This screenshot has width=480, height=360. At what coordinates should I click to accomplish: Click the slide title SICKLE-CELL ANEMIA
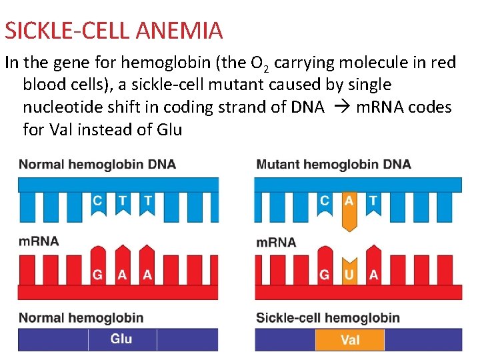click(113, 30)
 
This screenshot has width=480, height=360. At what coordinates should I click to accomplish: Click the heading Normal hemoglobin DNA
click(97, 164)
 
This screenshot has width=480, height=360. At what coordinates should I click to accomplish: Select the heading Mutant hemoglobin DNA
click(333, 164)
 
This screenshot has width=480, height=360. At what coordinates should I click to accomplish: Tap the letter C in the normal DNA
click(98, 199)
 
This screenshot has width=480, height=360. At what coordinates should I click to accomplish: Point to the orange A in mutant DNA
click(349, 200)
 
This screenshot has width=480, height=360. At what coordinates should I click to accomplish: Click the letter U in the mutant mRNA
click(349, 275)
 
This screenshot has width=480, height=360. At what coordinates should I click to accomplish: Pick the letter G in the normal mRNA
click(98, 275)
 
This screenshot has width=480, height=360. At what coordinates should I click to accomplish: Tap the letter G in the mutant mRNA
click(325, 275)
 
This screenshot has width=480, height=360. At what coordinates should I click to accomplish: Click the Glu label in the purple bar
click(121, 339)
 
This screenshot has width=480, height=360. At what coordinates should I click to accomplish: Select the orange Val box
click(349, 340)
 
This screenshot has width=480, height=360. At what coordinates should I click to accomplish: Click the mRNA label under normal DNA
click(39, 241)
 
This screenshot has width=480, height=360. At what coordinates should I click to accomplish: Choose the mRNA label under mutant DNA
click(276, 242)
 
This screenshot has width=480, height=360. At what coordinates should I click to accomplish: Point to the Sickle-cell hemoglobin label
click(328, 317)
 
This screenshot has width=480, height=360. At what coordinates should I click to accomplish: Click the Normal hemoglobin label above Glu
click(81, 317)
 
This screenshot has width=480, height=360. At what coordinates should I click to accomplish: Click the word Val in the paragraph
click(61, 129)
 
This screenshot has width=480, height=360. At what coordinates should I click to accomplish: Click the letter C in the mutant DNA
click(325, 200)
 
